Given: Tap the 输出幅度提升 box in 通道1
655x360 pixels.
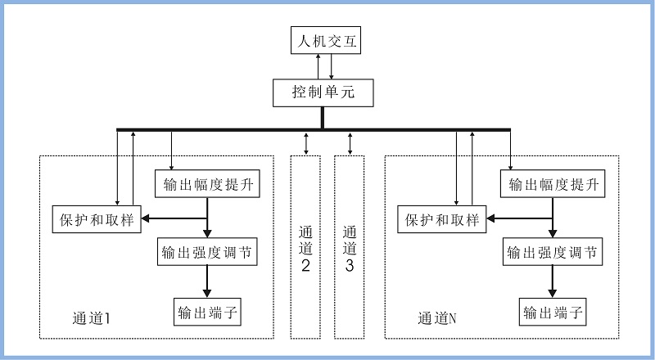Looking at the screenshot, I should [208, 183].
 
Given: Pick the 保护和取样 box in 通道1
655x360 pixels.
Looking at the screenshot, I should [95, 218].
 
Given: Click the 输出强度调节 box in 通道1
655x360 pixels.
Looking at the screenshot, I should [208, 251].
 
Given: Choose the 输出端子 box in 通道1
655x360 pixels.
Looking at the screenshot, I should [208, 312].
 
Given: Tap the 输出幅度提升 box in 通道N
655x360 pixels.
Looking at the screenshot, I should [553, 183].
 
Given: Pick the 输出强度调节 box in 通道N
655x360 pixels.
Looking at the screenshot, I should [553, 251].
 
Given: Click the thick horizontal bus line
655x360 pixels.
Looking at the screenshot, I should [246, 129].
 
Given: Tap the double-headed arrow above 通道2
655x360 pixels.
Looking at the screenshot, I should [306, 142].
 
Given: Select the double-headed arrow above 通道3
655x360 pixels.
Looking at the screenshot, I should [350, 142].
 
